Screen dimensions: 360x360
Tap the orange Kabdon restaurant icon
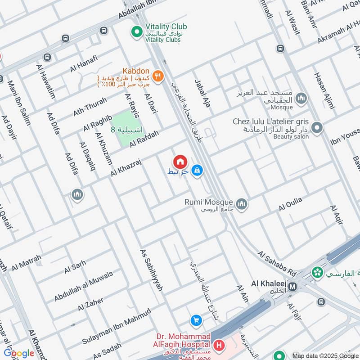coord(157,76)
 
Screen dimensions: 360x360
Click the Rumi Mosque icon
coord(242,205)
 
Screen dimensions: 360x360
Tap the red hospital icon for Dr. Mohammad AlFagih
coord(219,346)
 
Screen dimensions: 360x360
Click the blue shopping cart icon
coord(196,320)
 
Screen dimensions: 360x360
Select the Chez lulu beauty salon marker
coord(317,128)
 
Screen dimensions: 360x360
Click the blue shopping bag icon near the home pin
coord(197,171)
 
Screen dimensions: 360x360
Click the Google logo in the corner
coord(19,353)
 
